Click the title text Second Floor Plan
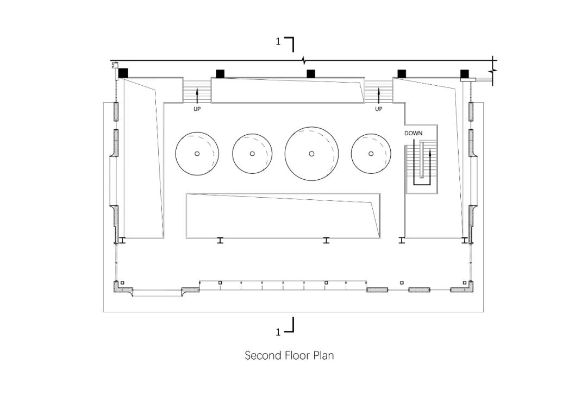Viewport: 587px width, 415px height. coord(289,356)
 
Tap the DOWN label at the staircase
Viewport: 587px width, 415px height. coord(413,133)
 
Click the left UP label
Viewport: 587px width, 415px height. coord(197,109)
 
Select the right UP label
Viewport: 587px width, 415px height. coord(379,109)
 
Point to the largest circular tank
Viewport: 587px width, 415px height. coord(312,153)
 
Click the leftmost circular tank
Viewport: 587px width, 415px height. coord(197,153)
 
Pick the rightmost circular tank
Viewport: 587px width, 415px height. coord(372,153)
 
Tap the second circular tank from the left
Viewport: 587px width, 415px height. coord(253,153)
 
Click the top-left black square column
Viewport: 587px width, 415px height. coord(123,73)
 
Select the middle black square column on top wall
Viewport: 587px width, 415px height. coord(311,74)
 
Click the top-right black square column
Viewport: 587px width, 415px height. coord(465,74)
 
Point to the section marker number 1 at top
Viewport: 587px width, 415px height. coord(278,41)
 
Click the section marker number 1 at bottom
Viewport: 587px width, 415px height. coord(278,331)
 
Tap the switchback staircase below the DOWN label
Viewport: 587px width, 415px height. coord(421,163)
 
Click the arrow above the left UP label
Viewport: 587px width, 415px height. coord(197,96)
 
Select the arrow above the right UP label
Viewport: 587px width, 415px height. coord(379,96)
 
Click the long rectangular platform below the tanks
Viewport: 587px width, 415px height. coord(283,216)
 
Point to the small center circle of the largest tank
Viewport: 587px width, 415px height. coord(312,154)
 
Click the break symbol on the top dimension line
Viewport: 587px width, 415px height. coord(304,60)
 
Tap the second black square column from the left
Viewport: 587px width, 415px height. coord(220,74)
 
